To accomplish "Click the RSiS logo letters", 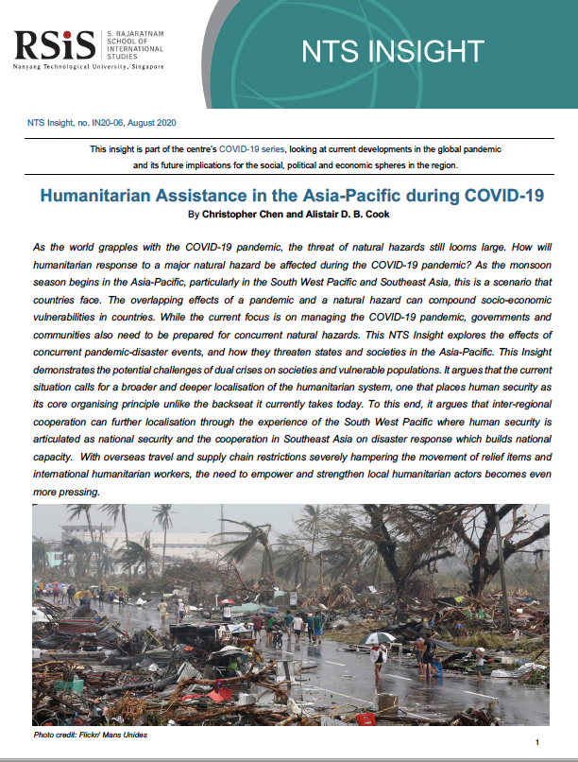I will click(x=55, y=44).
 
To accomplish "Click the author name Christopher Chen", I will click(x=241, y=215).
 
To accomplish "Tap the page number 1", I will click(x=536, y=743).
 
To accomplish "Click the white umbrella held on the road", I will click(x=380, y=638).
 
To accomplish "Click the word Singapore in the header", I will click(x=144, y=67).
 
